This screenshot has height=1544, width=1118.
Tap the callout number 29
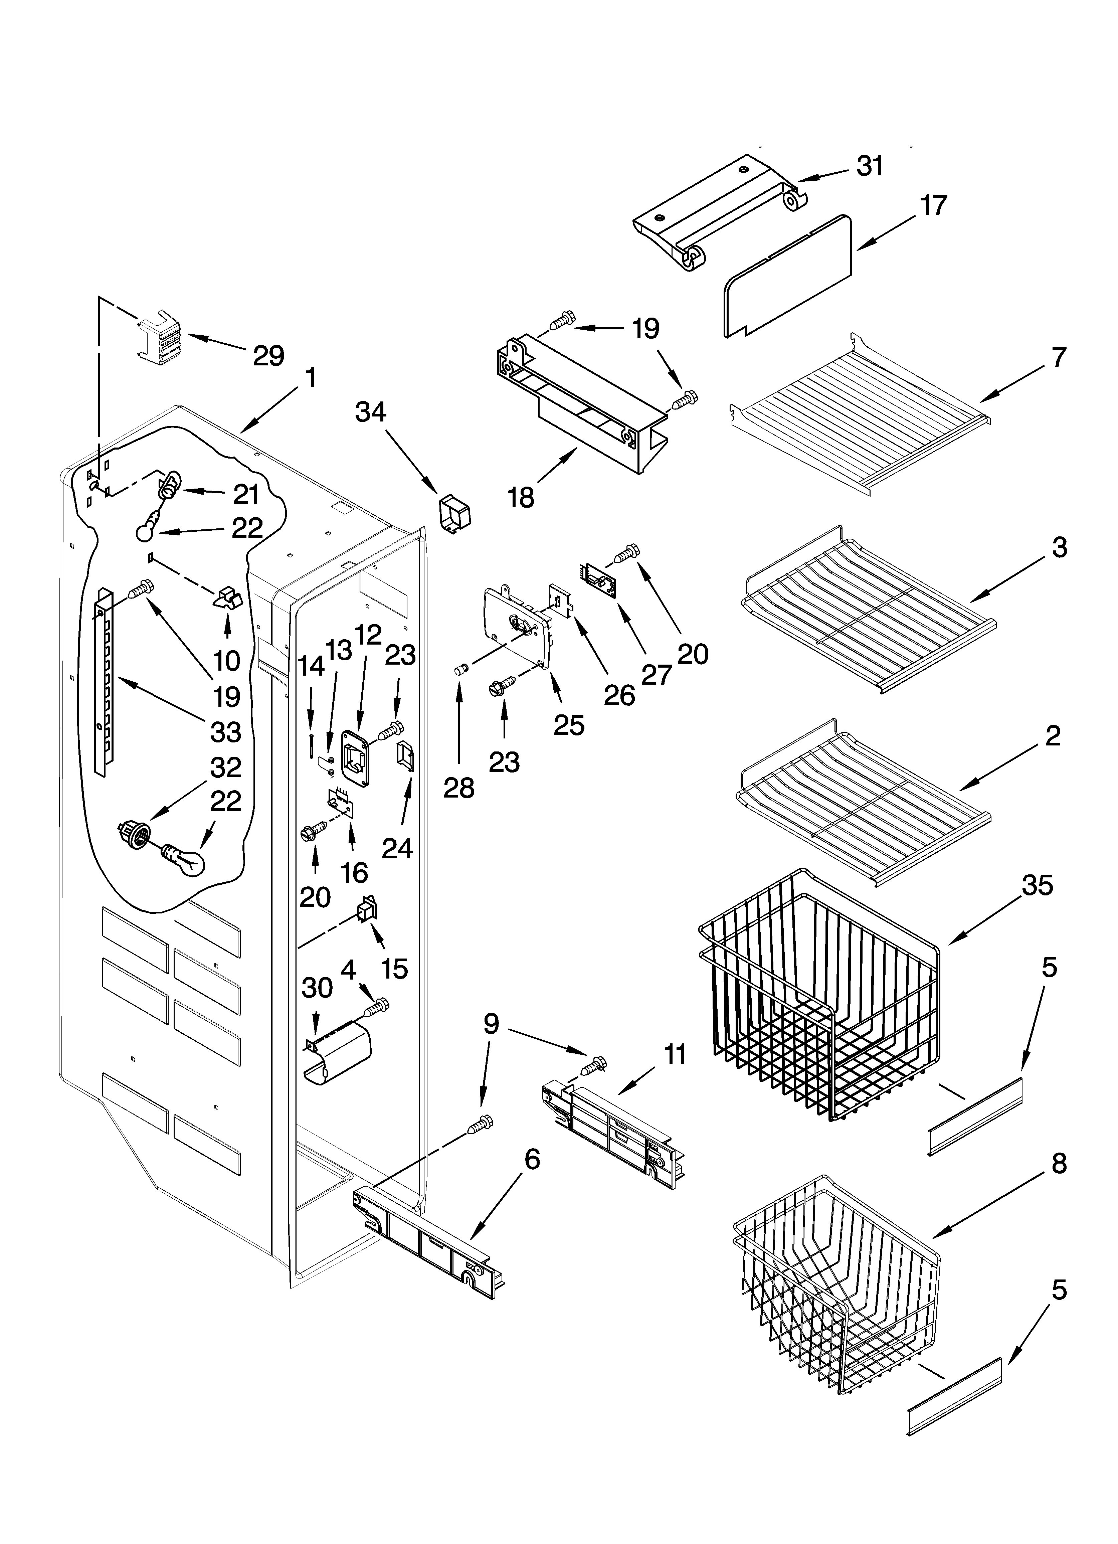click(x=268, y=355)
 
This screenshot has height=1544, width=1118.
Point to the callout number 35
click(x=1037, y=885)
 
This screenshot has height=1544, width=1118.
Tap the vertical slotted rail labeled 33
click(x=104, y=681)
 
